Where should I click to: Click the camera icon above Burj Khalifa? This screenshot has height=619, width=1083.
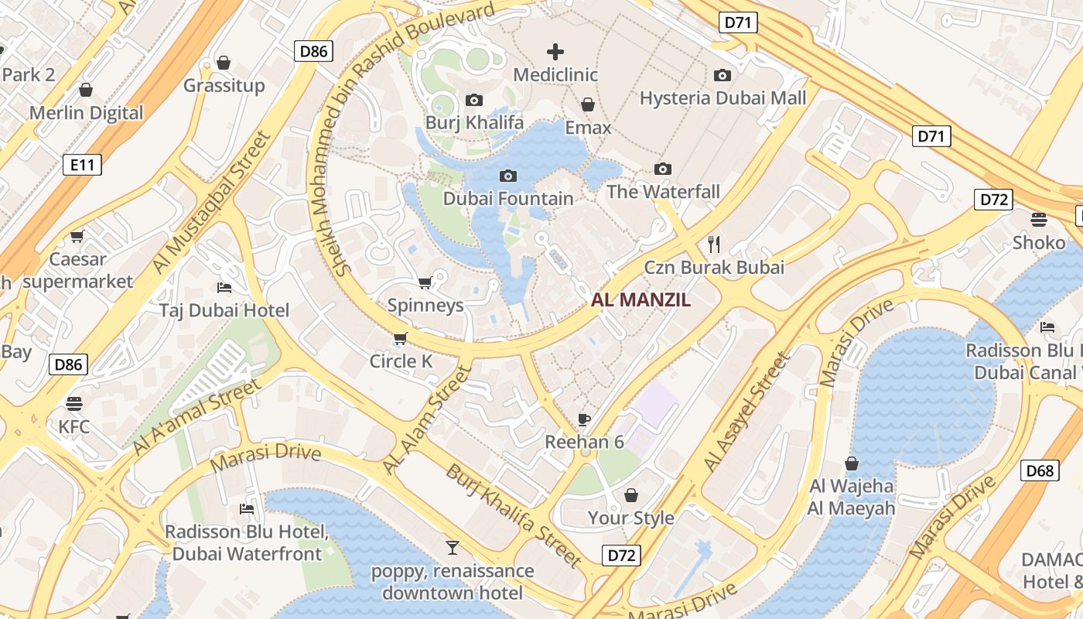474,100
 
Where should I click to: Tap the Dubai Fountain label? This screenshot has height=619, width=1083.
508,198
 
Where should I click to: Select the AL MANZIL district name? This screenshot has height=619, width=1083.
641,300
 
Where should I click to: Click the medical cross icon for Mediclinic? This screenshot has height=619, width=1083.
555,52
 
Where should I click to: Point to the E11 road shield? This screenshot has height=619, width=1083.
82,164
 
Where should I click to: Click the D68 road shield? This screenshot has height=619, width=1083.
1040,470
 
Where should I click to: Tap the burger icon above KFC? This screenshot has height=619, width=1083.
74,403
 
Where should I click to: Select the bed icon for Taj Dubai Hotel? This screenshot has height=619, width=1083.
224,288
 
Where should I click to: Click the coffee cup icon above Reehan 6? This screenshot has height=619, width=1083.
584,419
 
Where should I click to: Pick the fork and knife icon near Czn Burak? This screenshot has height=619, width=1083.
714,245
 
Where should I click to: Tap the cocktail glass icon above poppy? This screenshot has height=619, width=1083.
453,548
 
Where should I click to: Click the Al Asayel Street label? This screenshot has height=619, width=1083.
747,412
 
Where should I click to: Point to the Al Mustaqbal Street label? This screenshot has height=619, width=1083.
212,202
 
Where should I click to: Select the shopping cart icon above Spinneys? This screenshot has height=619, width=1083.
425,282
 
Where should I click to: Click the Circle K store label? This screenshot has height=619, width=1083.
401,361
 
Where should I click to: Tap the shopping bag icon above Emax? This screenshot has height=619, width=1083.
588,104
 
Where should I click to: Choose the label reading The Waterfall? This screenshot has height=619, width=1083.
663,192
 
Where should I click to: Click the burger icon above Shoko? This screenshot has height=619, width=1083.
1039,220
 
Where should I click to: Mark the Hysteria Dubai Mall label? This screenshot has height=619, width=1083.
723,98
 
